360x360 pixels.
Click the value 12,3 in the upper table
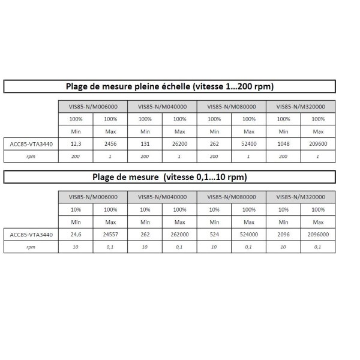pyautogui.click(x=76, y=144)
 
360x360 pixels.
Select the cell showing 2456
pyautogui.click(x=110, y=144)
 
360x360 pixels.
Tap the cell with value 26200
pyautogui.click(x=179, y=144)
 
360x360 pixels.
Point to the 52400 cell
pyautogui.click(x=248, y=144)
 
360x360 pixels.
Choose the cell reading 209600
pyautogui.click(x=318, y=144)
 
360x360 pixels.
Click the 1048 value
pyautogui.click(x=283, y=144)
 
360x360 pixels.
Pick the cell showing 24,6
pyautogui.click(x=76, y=235)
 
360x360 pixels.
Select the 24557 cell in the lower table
pyautogui.click(x=110, y=235)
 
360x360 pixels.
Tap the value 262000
pyautogui.click(x=179, y=235)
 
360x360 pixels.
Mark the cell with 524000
pyautogui.click(x=248, y=235)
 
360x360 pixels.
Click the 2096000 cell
pyautogui.click(x=318, y=235)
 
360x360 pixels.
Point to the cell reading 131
pyautogui.click(x=145, y=144)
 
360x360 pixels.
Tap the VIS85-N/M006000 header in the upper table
pyautogui.click(x=93, y=106)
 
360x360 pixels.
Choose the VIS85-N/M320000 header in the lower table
pyautogui.click(x=301, y=197)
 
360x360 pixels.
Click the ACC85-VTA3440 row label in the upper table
pyautogui.click(x=31, y=144)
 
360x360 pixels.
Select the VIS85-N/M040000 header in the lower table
pyautogui.click(x=162, y=197)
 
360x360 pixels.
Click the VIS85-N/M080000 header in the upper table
pyautogui.click(x=231, y=106)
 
